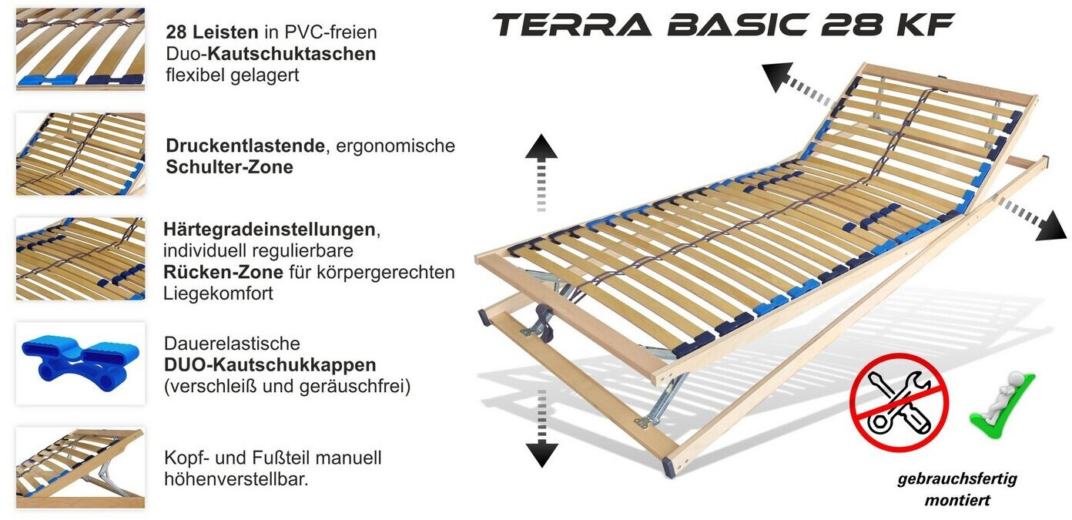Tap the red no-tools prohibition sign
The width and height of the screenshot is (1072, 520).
click(899, 402)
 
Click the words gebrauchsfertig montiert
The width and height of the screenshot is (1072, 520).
click(957, 489)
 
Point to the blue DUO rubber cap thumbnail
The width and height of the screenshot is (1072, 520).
click(80, 363)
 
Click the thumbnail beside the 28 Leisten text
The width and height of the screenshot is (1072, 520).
click(80, 49)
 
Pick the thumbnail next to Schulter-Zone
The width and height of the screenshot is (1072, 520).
click(80, 154)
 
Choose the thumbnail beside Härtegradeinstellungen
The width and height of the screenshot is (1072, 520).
click(80, 259)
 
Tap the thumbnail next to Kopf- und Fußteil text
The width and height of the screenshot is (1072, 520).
click(80, 468)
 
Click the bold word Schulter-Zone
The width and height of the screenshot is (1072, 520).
click(229, 166)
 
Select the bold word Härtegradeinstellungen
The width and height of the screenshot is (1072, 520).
click(269, 230)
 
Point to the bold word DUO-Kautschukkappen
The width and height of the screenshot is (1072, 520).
click(270, 364)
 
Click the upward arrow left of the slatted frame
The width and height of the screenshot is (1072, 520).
click(541, 170)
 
